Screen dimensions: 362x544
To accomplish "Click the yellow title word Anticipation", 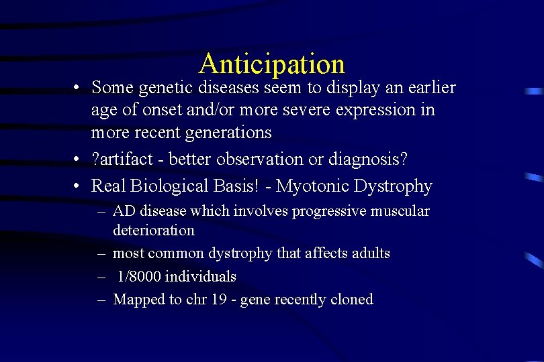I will tap(271, 64).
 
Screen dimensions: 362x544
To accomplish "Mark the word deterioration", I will tap(154, 231).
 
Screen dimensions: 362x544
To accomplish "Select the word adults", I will tap(369, 253).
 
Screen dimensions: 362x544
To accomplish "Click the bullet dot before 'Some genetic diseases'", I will tap(79, 88).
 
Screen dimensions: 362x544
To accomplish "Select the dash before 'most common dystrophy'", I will tap(100, 254).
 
